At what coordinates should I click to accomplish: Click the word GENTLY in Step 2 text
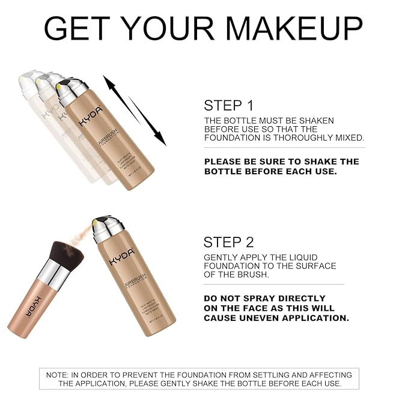click(x=221, y=257)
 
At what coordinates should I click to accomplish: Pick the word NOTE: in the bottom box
click(x=58, y=375)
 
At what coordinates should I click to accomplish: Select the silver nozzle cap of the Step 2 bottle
click(x=103, y=230)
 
